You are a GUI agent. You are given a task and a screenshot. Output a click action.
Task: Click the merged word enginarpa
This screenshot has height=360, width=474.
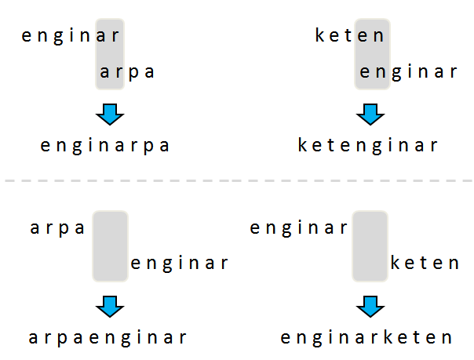[x=105, y=145]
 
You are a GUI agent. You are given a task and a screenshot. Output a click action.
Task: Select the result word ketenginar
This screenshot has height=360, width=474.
[x=368, y=145]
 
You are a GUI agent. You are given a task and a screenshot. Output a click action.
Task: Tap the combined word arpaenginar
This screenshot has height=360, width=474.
[x=108, y=338]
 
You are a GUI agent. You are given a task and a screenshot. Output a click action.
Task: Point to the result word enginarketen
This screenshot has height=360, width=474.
[x=367, y=338]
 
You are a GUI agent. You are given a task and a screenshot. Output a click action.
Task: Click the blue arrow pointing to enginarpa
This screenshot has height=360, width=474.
[x=110, y=115]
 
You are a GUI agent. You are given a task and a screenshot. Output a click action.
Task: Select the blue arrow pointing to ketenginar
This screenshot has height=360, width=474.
[x=370, y=115]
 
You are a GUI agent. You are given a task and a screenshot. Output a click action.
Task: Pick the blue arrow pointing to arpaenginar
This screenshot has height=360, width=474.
[x=110, y=306]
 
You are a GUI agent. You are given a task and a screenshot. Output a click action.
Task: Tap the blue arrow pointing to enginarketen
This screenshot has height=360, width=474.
[x=370, y=306]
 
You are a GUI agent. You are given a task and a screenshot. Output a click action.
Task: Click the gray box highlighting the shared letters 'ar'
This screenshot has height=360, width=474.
[x=110, y=53]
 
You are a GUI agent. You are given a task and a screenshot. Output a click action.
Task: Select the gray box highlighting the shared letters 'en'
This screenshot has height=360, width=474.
[x=372, y=53]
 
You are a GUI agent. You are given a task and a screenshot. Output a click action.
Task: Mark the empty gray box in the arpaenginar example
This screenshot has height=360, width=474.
[x=110, y=245]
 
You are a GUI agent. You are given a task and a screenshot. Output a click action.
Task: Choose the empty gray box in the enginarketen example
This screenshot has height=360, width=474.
[x=370, y=245]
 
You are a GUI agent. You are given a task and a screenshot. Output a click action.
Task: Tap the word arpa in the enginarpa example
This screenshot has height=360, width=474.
[x=128, y=73]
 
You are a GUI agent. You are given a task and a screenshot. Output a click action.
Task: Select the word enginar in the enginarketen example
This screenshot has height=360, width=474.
[x=299, y=228]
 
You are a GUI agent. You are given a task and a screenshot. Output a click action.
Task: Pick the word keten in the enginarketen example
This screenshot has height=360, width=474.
[x=425, y=263]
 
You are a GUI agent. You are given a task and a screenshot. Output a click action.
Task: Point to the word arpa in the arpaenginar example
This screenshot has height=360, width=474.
[x=57, y=228]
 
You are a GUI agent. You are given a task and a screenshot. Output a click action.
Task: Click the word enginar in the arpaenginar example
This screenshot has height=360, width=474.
[x=180, y=263]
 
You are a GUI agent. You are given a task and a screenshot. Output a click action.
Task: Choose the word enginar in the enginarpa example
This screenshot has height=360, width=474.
[x=71, y=35]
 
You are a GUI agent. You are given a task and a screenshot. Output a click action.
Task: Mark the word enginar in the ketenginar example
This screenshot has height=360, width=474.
[x=408, y=73]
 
